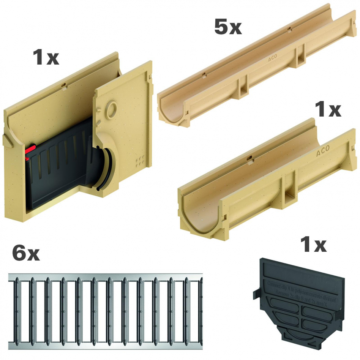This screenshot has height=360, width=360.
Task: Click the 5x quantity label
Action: [x=228, y=27]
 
